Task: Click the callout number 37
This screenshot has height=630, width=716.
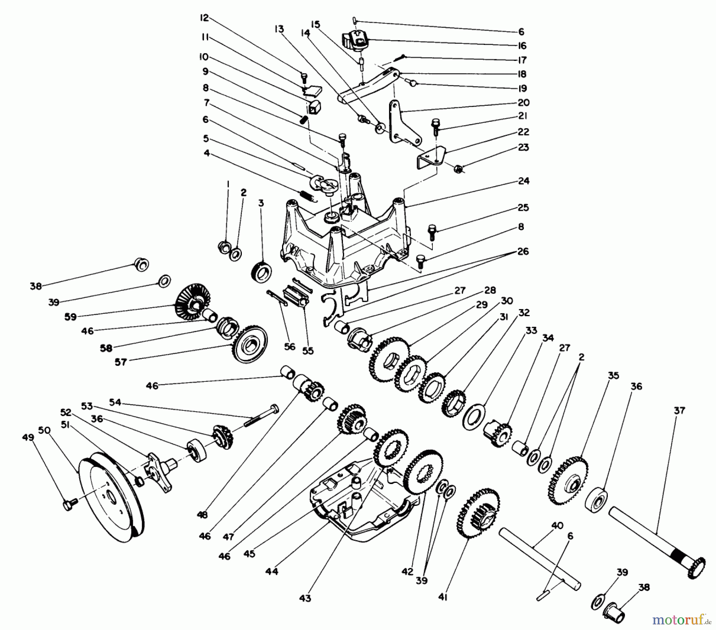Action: (679, 410)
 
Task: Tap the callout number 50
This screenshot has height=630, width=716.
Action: (45, 430)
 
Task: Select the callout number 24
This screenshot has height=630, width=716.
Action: (524, 181)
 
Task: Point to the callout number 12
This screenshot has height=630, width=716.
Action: (204, 18)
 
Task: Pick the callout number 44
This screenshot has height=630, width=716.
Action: (272, 572)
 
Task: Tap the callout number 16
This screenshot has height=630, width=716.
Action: (522, 45)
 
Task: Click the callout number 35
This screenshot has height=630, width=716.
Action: (614, 375)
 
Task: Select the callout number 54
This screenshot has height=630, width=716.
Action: (115, 402)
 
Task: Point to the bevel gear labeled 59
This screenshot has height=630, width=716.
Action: (189, 301)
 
